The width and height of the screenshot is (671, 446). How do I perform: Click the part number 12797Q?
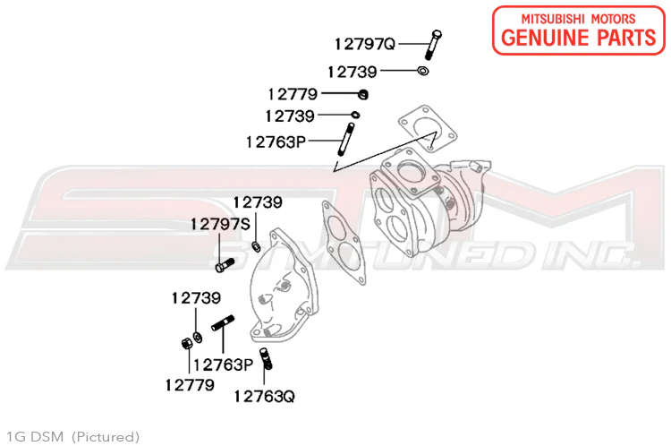click(x=365, y=44)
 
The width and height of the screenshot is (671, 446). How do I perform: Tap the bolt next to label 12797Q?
click(x=434, y=45)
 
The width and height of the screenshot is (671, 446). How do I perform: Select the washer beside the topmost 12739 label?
click(x=423, y=70)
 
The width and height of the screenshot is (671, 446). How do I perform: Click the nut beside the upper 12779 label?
click(x=363, y=94)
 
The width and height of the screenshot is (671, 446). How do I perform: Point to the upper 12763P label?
click(x=276, y=142)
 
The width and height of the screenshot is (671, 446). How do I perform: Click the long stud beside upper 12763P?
click(x=346, y=140)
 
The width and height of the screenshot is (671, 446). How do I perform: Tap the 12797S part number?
click(x=220, y=224)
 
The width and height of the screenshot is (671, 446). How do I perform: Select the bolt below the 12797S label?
click(x=225, y=265)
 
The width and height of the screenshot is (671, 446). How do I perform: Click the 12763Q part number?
click(x=265, y=397)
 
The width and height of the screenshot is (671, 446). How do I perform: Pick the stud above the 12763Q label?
click(x=266, y=359)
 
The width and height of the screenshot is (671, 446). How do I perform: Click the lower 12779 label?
click(x=190, y=385)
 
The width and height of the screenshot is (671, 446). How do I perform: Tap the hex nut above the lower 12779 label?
click(x=187, y=343)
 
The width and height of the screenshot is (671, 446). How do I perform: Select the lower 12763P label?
click(x=223, y=365)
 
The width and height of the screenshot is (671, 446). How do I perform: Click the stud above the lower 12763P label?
click(x=223, y=322)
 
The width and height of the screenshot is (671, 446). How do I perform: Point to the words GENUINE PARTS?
click(x=579, y=38)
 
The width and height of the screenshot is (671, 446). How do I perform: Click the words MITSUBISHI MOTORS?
click(x=578, y=19)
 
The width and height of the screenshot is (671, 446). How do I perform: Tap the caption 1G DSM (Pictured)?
click(x=72, y=437)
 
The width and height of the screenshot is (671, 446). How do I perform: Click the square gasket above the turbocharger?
click(x=428, y=129)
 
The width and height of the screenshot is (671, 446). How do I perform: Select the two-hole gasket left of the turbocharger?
click(x=344, y=243)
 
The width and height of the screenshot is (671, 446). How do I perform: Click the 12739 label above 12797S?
click(x=258, y=202)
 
